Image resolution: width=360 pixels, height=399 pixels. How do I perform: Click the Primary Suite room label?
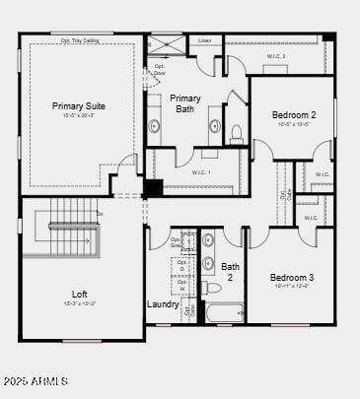pos(79,105)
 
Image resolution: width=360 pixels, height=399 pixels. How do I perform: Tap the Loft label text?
pos(80,294)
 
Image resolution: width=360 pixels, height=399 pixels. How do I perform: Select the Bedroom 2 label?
pos(294,115)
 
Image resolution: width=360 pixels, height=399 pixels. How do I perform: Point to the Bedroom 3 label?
pos(292,277)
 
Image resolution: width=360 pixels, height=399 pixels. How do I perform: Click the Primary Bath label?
pos(185,103)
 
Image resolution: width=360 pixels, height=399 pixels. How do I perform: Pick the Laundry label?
pos(163,304)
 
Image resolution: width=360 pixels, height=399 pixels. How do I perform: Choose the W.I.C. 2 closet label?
pos(275,56)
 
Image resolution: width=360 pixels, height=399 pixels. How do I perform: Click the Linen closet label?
pos(204,41)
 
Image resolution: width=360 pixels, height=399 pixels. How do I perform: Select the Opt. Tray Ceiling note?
pos(80,40)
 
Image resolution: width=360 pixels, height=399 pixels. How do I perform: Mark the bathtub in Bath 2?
pos(223,314)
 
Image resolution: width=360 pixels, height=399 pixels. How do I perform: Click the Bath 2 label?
pos(230,272)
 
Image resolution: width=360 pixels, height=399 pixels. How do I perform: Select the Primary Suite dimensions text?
pos(79,116)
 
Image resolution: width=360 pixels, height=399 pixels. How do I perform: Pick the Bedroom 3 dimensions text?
pos(292,287)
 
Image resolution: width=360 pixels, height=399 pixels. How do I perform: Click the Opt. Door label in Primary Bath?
pos(160,69)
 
